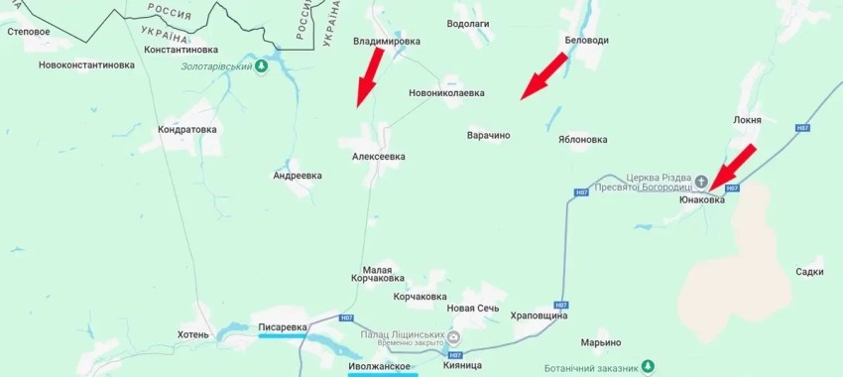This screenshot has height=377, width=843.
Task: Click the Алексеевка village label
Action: [x=379, y=157]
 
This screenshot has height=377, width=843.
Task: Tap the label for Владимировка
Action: [x=387, y=42]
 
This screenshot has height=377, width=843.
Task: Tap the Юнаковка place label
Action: [x=701, y=199]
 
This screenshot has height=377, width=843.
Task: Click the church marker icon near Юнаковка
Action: [x=702, y=181]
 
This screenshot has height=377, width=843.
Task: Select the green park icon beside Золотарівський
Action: [x=262, y=66]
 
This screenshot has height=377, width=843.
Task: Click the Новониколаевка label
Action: [x=446, y=93]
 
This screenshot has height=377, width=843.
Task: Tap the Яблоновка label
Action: [x=582, y=140]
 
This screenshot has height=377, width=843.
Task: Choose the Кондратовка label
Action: [x=187, y=129]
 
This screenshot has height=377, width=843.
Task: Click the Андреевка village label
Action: [x=298, y=176]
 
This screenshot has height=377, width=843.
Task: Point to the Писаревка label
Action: [x=284, y=325]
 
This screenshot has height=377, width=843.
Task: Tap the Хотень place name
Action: [x=193, y=334]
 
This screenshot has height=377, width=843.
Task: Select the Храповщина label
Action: [x=539, y=315]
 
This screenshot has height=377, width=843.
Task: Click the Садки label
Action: [x=809, y=271]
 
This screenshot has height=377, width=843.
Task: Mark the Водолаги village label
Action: [x=468, y=23]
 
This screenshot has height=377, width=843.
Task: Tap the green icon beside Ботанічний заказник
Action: [x=648, y=367]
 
